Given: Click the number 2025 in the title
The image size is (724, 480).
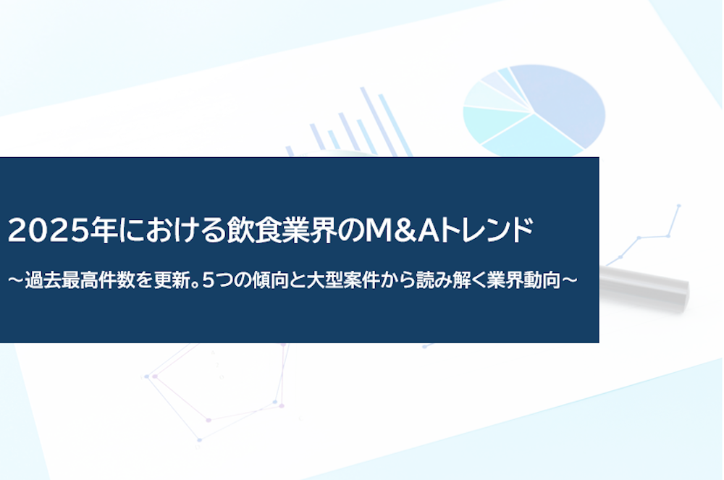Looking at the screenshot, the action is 48,230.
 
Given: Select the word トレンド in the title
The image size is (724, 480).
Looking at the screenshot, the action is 487,230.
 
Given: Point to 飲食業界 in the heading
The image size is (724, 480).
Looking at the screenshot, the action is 281,230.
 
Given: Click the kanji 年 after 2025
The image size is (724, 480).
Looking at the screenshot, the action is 104,230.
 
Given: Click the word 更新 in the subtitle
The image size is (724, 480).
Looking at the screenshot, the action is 172,280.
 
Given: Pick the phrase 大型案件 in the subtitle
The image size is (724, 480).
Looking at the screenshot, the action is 343,280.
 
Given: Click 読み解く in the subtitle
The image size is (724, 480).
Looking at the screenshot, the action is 451,280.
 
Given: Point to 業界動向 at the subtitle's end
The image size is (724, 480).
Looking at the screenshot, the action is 523,280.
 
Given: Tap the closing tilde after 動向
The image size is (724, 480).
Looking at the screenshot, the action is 569,280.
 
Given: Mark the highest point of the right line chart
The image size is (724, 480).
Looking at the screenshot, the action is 679,206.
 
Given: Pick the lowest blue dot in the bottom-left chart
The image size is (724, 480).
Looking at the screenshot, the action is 200,440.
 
